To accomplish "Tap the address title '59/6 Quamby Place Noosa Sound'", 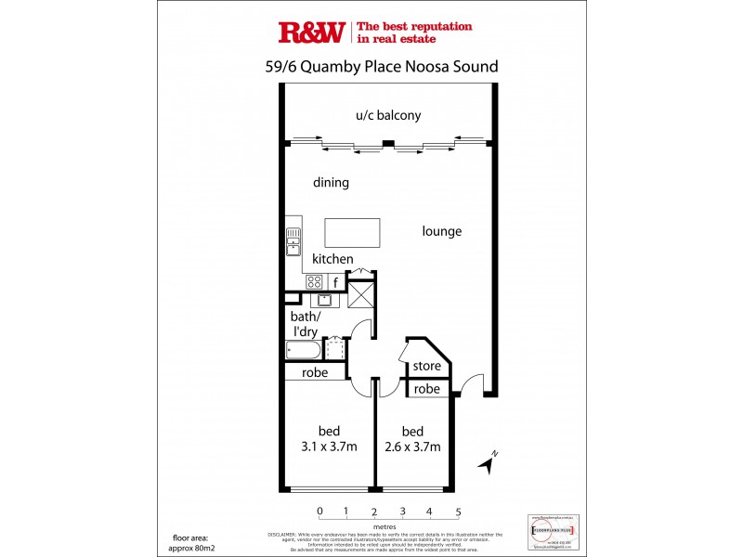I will point(382,67).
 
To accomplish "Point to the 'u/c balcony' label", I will point(388,116).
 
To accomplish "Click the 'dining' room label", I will point(331,183).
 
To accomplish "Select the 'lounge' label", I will point(441,231).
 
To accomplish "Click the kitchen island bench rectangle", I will point(352,232).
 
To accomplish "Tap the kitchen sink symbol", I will point(293,241).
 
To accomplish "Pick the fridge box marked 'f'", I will point(334,280).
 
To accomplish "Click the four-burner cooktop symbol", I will point(314,281).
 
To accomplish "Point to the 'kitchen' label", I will point(332,259).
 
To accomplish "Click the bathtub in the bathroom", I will point(303,351).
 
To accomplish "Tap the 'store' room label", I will point(427,366).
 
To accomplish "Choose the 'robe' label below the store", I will point(426,390).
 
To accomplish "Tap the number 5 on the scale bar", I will point(458,512).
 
